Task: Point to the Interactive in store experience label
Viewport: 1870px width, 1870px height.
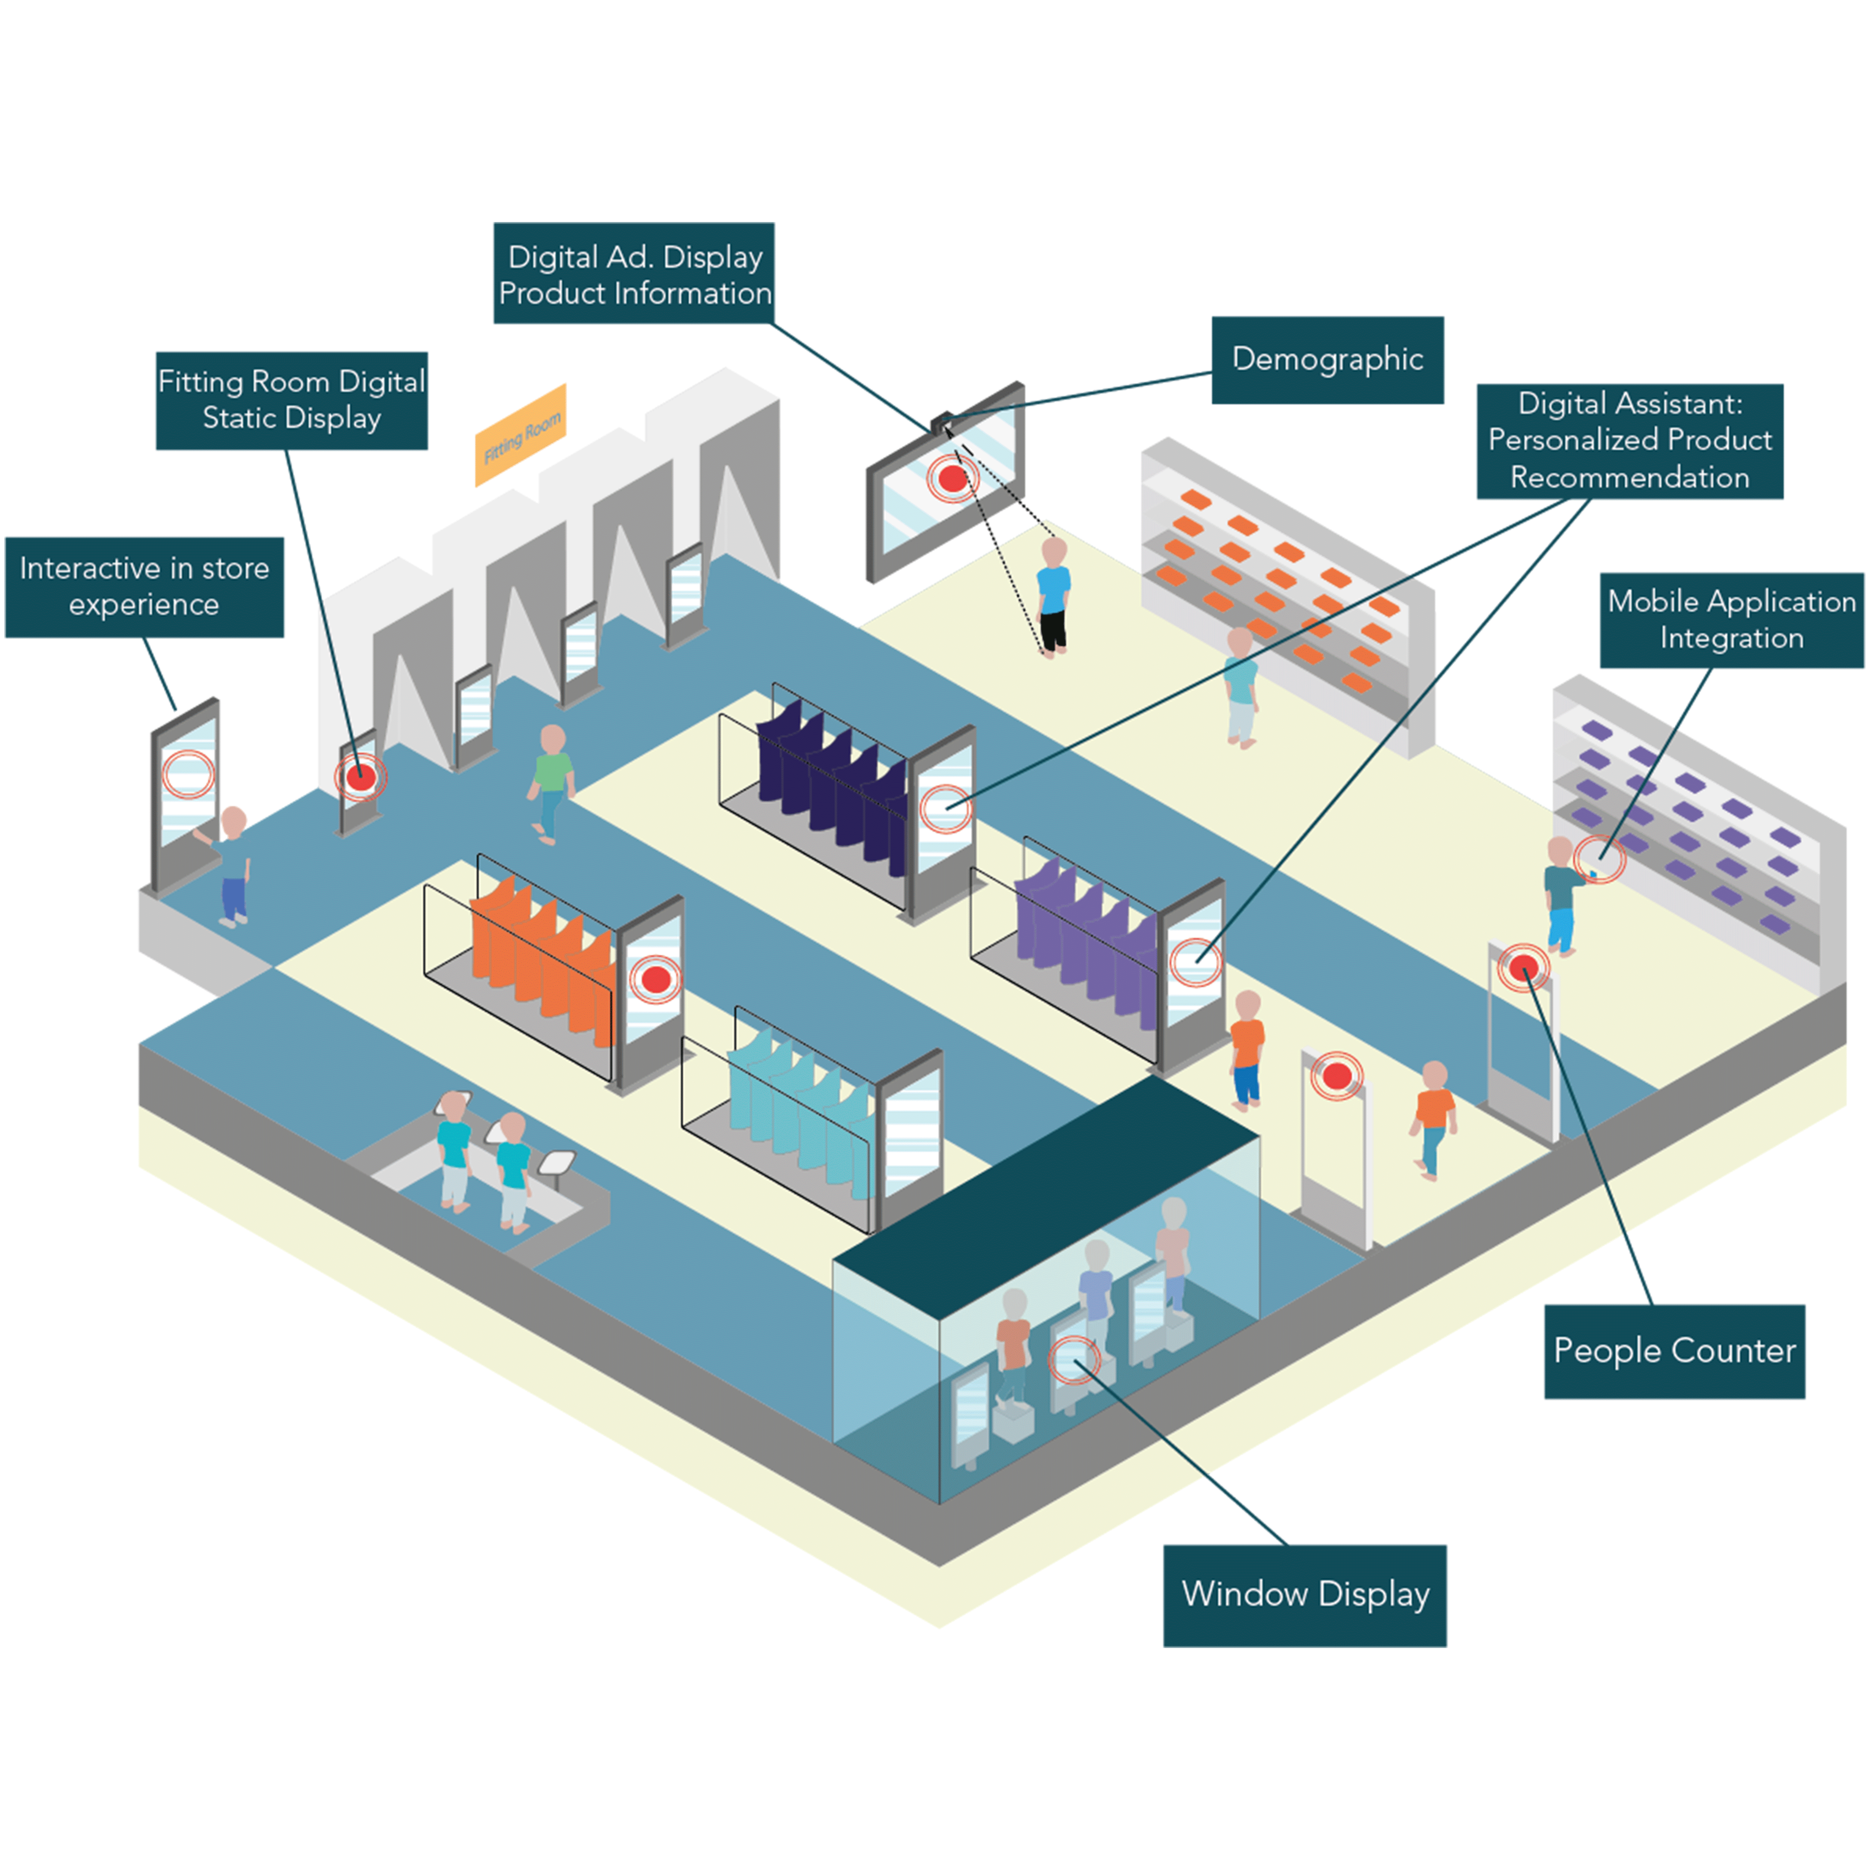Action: coord(144,587)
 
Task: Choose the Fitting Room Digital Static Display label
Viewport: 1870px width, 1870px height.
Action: coord(291,400)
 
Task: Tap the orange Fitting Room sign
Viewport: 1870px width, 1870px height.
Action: coord(521,435)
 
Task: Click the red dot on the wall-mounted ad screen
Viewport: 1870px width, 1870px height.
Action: coord(953,477)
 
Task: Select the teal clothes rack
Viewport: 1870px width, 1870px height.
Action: coord(794,1094)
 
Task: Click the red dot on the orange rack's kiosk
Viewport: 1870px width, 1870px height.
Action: coord(655,979)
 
